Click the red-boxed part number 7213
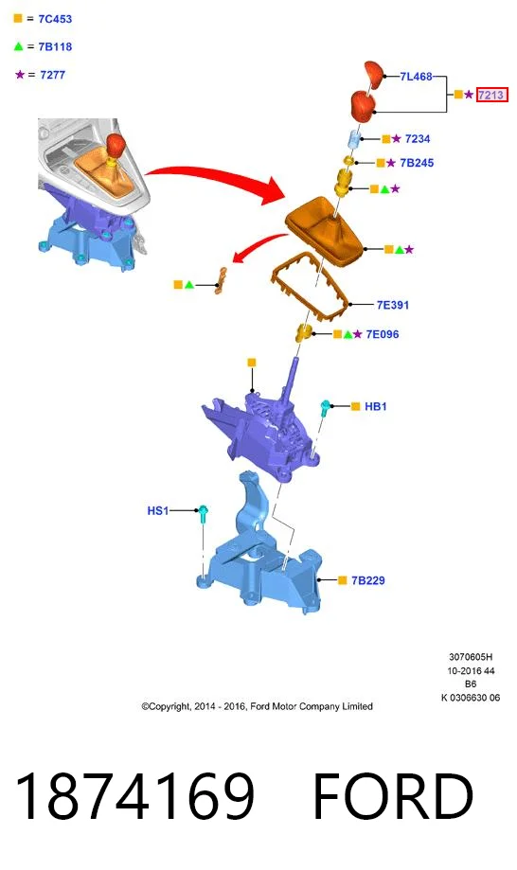coord(491,95)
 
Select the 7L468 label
coord(416,77)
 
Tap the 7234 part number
coord(418,139)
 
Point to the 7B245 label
coord(417,163)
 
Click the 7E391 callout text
coord(392,305)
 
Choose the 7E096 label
coord(383,334)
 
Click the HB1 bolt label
coord(376,407)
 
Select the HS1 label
coord(157,510)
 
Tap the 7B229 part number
coord(367,580)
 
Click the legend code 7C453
coord(55,19)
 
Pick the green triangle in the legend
coord(18,46)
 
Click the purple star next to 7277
coord(20,74)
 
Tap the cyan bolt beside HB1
coord(326,408)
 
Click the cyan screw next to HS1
coord(203,513)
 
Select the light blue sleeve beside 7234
coord(355,139)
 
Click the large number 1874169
coord(134,795)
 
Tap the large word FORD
coord(393,795)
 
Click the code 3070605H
coord(471,657)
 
